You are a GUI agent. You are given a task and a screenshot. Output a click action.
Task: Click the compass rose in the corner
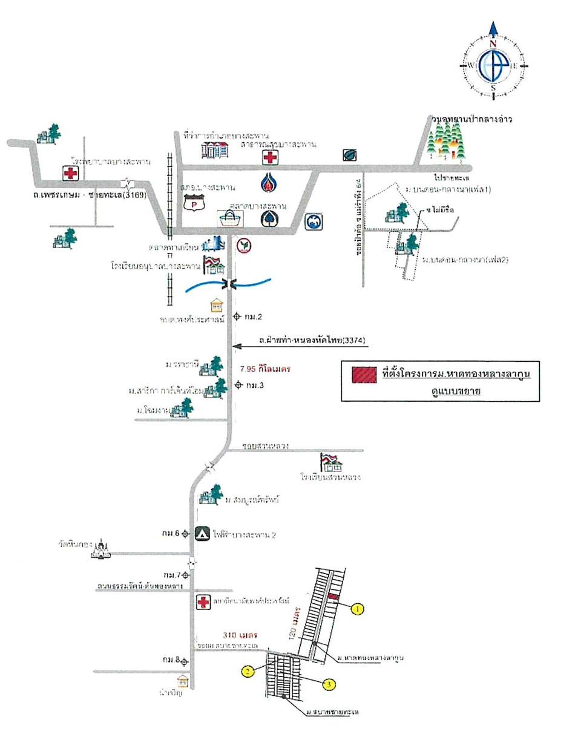(x=493, y=65)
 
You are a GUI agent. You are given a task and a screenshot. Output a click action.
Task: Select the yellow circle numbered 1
(x=358, y=609)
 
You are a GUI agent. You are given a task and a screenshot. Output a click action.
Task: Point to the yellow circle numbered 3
(x=328, y=684)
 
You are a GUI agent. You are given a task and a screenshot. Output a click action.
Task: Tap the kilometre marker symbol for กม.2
(x=237, y=316)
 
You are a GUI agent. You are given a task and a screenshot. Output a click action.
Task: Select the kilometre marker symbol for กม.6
(x=185, y=534)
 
